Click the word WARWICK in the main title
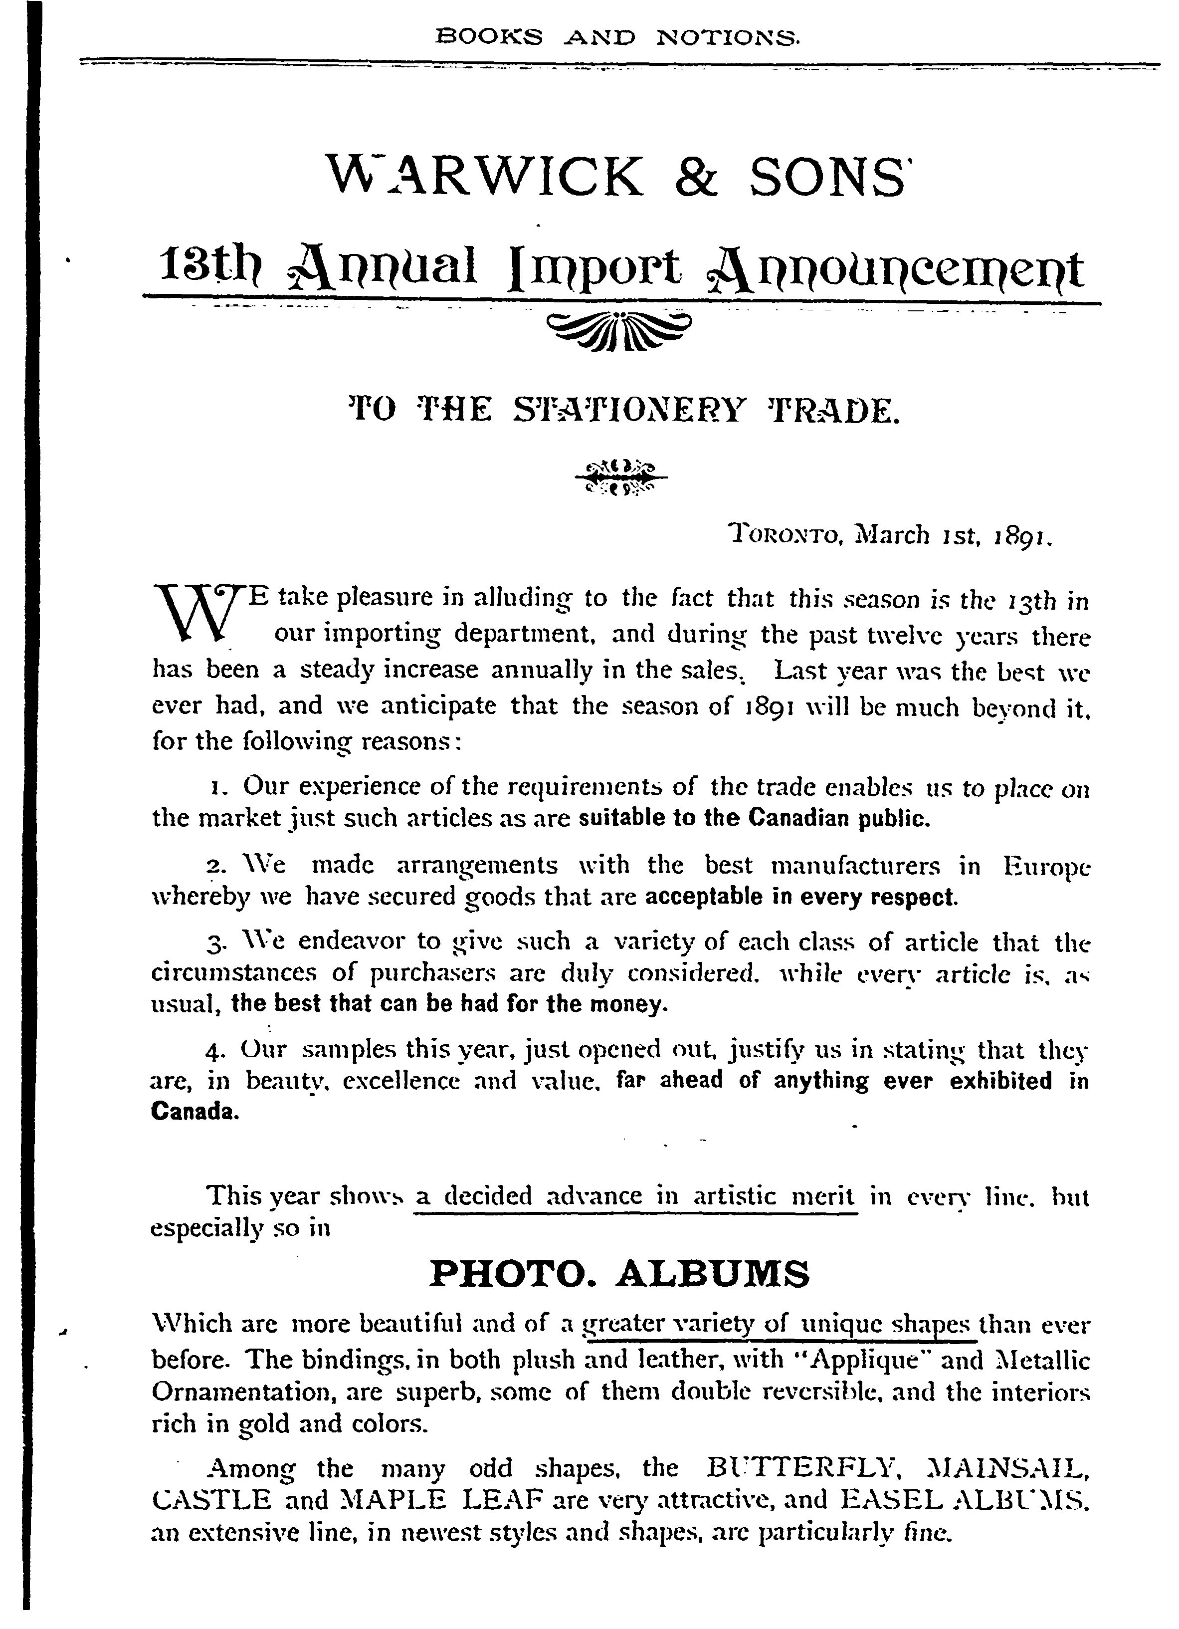485,176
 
